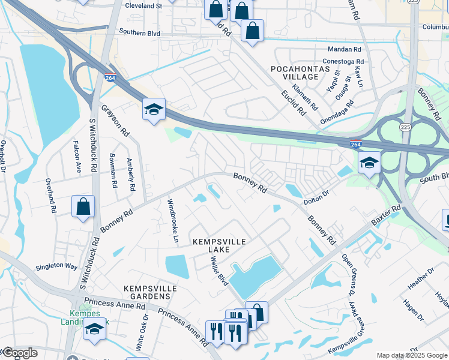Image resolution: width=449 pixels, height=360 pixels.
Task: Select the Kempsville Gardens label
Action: point(150,293)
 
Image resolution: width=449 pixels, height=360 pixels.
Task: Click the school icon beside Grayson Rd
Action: point(154,110)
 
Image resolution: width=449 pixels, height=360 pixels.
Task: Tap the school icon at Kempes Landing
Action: point(94,329)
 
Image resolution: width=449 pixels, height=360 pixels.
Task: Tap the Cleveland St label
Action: point(143,6)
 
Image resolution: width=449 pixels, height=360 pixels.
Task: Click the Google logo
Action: point(19,353)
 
